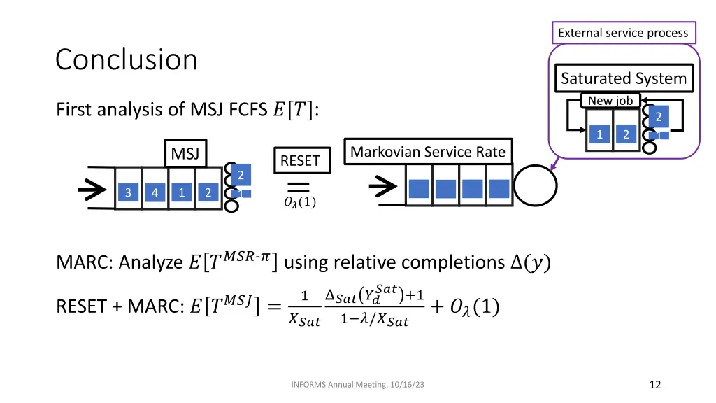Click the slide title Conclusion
pos(127,60)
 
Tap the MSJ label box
pos(185,153)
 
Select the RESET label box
pos(302,160)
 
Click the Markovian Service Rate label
pos(428,151)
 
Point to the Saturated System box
pos(624,78)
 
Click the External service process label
pos(623,33)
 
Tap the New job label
pos(610,101)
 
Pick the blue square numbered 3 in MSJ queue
pos(128,192)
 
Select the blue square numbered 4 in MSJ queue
pos(155,192)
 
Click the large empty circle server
pos(535,185)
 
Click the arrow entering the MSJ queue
pos(92,190)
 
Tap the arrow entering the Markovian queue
pos(383,186)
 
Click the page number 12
pos(654,385)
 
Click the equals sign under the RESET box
pos(298,187)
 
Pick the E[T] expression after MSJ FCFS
pos(296,110)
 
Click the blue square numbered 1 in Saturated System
pos(599,134)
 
